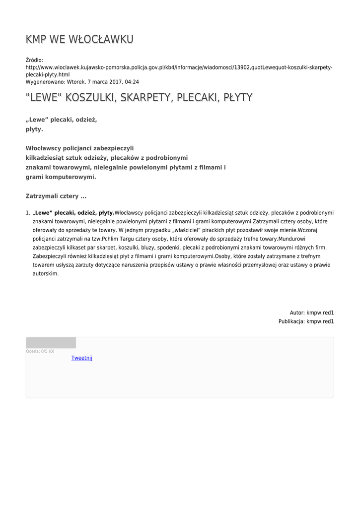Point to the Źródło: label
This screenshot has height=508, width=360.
coord(35,60)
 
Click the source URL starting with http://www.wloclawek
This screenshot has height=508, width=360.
coord(179,67)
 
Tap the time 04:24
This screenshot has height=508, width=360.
coord(132,82)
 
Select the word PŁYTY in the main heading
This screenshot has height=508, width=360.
coord(238,97)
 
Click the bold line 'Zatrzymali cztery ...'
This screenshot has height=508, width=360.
coord(56,196)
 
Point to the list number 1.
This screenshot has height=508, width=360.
coord(28,213)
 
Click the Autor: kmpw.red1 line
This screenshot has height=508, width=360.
coord(311,313)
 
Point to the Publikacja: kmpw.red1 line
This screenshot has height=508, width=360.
coord(305,321)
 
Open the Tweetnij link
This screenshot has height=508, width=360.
coord(81,358)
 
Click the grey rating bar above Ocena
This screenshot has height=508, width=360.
coord(51,343)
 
